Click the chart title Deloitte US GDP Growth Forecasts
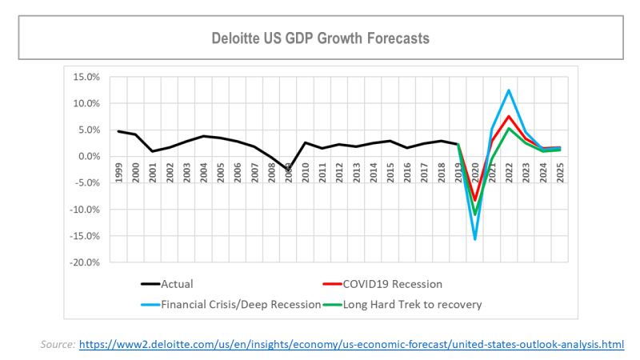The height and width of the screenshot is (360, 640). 320,38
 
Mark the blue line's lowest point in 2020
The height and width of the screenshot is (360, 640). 474,239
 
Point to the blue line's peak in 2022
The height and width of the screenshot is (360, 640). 508,90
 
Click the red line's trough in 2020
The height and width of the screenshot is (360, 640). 474,201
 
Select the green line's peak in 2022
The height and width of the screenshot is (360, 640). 508,128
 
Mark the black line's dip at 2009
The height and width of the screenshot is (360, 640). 289,170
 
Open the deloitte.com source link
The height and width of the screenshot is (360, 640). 351,344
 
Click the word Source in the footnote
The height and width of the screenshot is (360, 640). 56,344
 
